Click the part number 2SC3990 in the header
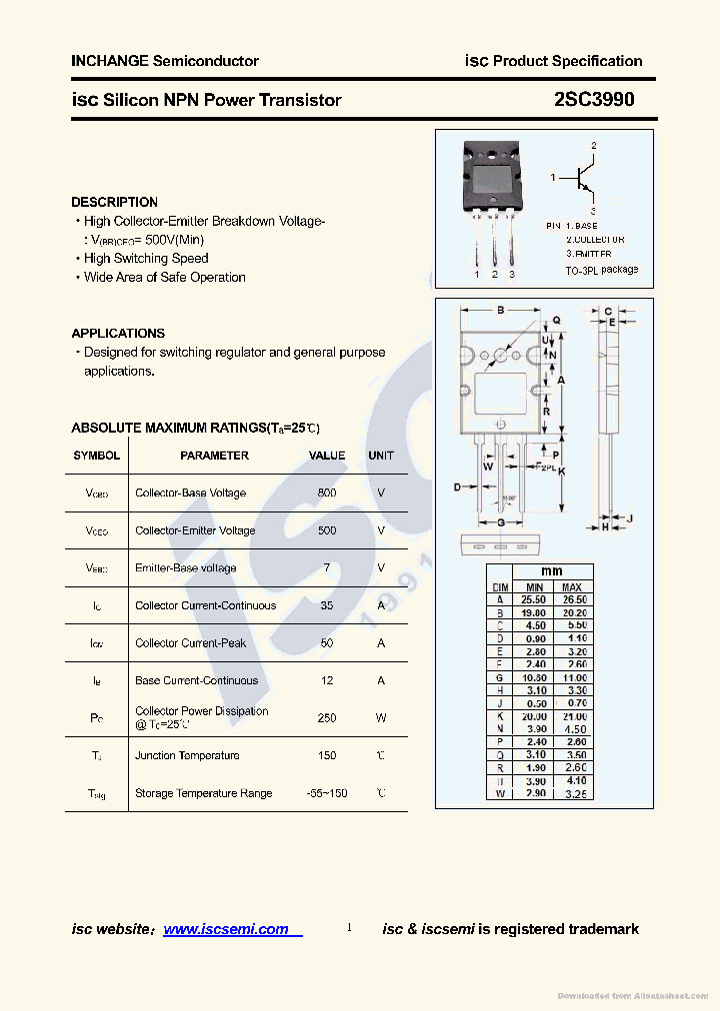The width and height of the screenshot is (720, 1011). point(593,100)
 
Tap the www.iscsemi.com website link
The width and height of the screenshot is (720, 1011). point(226,929)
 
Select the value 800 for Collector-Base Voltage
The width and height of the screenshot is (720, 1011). point(327,494)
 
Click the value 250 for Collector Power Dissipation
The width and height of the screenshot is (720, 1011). point(327,718)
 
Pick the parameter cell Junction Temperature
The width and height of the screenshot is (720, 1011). point(187,756)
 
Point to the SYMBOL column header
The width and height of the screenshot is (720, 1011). point(97,456)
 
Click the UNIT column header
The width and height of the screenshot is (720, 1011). point(381,456)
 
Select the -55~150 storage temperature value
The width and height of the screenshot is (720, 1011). point(327,793)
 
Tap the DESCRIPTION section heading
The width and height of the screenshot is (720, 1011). point(114,202)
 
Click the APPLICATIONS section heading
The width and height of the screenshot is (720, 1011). point(118,334)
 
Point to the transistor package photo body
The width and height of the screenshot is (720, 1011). point(493,180)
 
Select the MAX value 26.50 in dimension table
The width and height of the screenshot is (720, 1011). point(572,600)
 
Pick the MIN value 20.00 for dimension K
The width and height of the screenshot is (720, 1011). point(534,717)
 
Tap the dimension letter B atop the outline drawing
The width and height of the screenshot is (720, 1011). point(500,311)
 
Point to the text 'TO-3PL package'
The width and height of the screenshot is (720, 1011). point(601,270)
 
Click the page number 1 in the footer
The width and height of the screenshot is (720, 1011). point(349,928)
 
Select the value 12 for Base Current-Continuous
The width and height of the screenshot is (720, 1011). point(327,681)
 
